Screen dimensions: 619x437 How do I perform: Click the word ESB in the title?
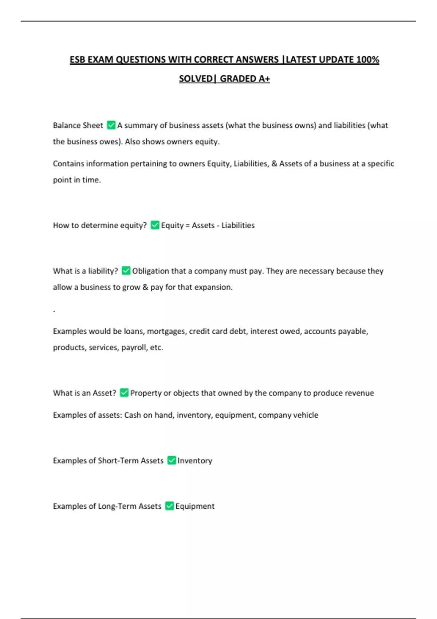(x=78, y=60)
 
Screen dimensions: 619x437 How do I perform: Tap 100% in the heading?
(x=367, y=60)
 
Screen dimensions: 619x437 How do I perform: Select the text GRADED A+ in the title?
(x=245, y=79)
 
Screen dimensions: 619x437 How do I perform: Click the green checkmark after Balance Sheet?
(x=111, y=125)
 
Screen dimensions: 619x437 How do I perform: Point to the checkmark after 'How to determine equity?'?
(x=155, y=225)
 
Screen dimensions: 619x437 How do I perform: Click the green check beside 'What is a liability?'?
(x=126, y=271)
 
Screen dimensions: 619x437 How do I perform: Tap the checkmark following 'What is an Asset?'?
(x=124, y=393)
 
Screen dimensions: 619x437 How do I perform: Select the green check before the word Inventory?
(x=172, y=460)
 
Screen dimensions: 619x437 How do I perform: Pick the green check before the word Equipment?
(x=169, y=506)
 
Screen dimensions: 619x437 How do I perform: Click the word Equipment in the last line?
(x=195, y=506)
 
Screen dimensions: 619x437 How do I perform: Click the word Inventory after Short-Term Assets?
(x=195, y=461)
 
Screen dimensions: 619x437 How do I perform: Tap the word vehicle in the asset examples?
(x=306, y=415)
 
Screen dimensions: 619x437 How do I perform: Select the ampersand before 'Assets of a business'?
(x=274, y=163)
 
